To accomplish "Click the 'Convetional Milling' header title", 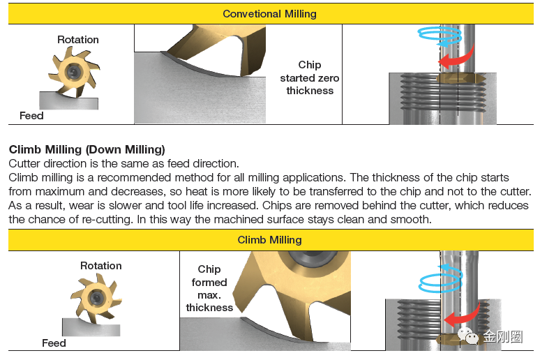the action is pos(269,14).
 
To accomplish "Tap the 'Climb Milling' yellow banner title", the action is pos(269,240).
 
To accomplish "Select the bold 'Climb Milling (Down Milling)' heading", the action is pos(87,149).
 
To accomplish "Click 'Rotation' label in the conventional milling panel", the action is pos(78,40).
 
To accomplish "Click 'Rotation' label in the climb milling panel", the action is pos(101,266).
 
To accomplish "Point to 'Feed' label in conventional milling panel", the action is pos(31,116).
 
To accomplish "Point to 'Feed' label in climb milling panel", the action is pos(54,343).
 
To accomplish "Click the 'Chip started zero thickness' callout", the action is pos(310,77).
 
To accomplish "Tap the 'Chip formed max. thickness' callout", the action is pos(209,288).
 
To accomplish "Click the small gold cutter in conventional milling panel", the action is pos(73,73).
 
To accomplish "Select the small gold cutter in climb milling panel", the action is pos(96,298).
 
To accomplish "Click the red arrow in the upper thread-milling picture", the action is pos(456,59).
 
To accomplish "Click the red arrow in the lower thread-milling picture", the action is pos(461,316).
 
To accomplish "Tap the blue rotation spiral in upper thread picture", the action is pos(440,36).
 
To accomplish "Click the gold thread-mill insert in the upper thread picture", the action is pos(460,79).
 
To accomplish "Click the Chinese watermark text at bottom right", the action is pos(502,336).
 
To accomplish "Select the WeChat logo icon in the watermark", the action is pos(467,336).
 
